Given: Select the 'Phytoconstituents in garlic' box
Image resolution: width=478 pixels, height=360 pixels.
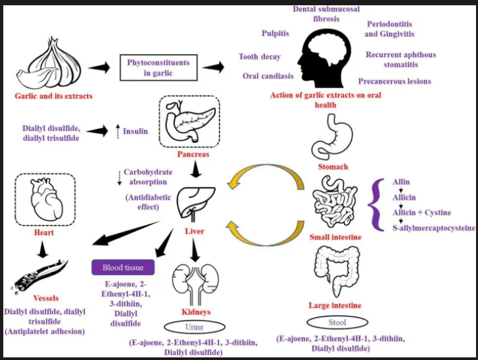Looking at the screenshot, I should pos(157,68).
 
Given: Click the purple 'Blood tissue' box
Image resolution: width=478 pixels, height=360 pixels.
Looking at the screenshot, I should pos(122,268).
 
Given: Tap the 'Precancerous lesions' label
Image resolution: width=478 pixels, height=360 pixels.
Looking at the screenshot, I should pos(394,82).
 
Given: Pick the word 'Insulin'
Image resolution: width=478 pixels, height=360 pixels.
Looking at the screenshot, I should pos(135,132).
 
